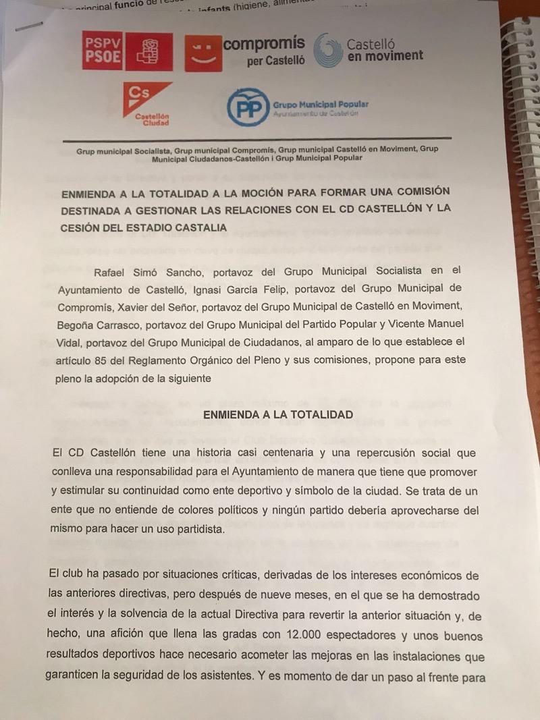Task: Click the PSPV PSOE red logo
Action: [127, 51]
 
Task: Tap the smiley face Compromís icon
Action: [202, 53]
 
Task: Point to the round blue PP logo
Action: [247, 107]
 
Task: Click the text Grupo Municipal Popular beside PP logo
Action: [321, 105]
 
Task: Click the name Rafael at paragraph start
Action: [115, 271]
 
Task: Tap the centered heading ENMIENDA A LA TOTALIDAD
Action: [278, 414]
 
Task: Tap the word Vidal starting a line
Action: [71, 342]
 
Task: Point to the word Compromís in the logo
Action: [264, 45]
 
